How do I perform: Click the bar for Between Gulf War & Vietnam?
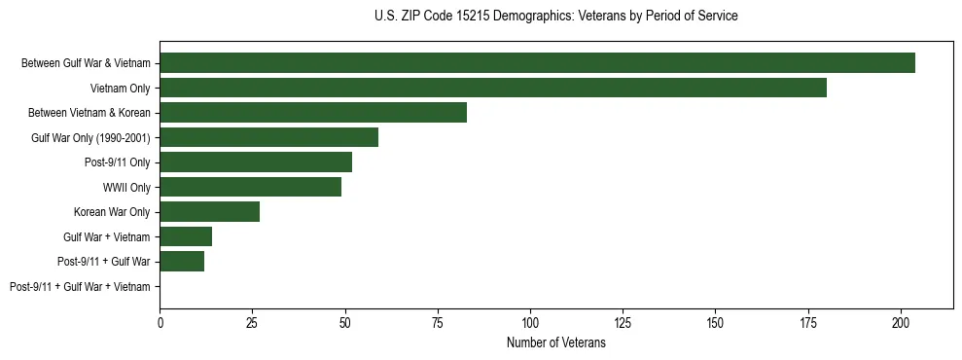[537, 63]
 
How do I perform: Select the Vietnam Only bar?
[493, 88]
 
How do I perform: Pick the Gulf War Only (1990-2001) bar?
[268, 137]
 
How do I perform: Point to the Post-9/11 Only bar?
[256, 162]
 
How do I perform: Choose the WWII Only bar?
[250, 187]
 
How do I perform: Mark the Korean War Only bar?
[209, 212]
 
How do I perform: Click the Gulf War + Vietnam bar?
[186, 236]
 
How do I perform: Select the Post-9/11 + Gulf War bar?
[182, 262]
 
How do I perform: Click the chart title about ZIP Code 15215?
[555, 17]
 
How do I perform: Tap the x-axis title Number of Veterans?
[555, 342]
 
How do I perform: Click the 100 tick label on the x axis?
[530, 321]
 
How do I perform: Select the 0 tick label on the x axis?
[160, 321]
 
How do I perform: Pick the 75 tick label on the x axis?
[438, 321]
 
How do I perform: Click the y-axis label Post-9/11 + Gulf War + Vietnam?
[80, 287]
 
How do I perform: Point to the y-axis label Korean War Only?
[112, 212]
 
